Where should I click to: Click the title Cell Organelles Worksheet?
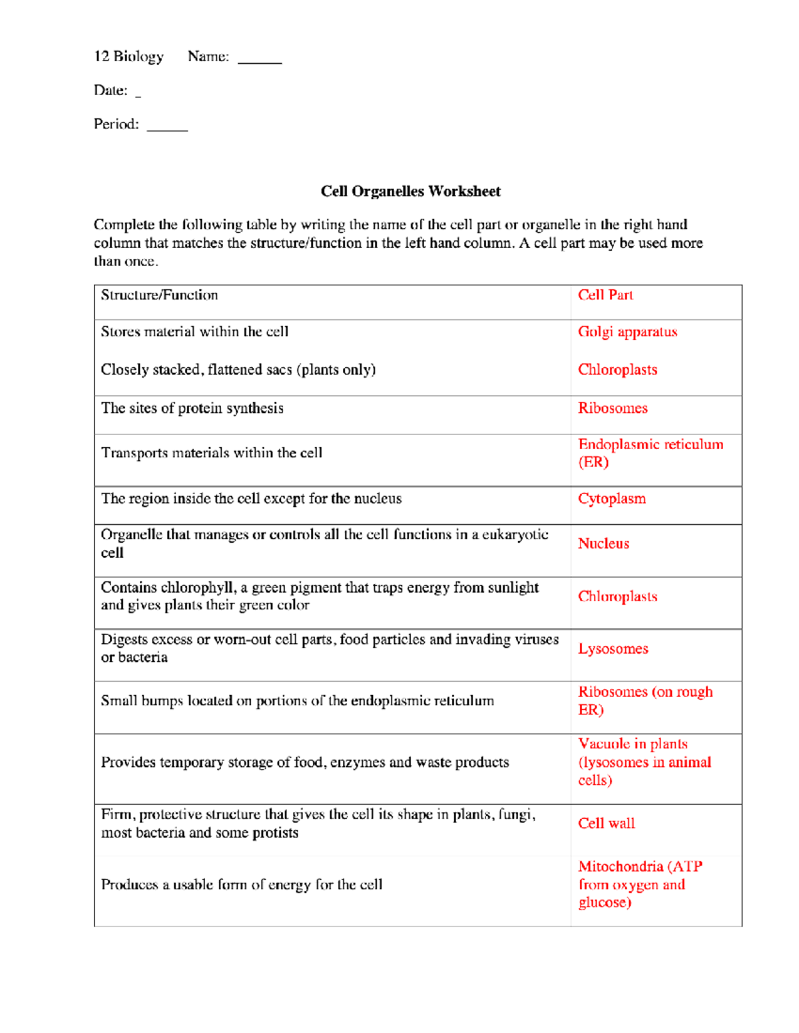(x=410, y=192)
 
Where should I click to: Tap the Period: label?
(x=117, y=124)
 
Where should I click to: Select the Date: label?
(x=111, y=90)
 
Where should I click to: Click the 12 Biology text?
(x=129, y=57)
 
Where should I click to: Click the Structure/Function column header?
(x=159, y=295)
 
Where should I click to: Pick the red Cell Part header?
(x=605, y=295)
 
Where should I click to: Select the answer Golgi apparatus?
(x=627, y=332)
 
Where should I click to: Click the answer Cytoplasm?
(x=611, y=499)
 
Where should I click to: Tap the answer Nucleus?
(x=603, y=543)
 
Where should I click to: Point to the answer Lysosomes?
(x=613, y=649)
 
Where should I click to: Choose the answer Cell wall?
(x=606, y=823)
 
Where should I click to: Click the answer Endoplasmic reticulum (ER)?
(x=650, y=453)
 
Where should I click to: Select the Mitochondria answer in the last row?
(x=639, y=884)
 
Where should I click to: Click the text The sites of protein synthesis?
(x=192, y=408)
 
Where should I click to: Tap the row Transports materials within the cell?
(x=211, y=453)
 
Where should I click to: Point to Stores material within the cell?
(x=194, y=332)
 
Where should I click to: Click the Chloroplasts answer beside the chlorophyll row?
(x=617, y=597)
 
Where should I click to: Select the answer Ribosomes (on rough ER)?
(x=645, y=700)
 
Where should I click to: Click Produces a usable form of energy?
(x=241, y=885)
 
